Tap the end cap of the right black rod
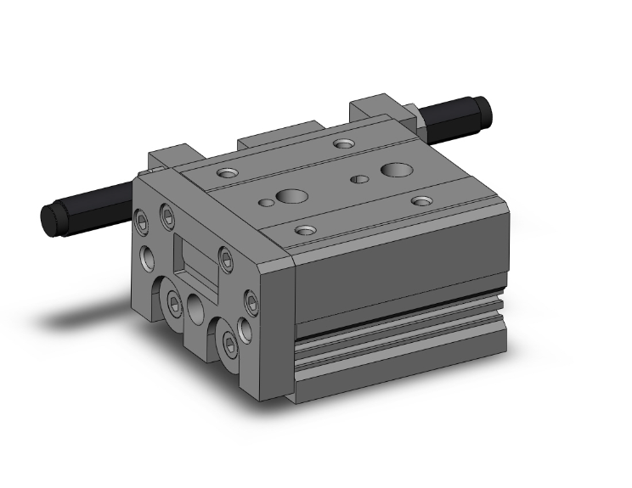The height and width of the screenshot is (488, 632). click(x=485, y=109)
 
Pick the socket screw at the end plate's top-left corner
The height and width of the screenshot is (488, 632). click(x=143, y=222)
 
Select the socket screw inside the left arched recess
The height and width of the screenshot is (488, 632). click(x=175, y=302)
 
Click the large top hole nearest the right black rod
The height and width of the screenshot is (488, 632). click(x=393, y=171)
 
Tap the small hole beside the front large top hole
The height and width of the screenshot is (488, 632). click(x=267, y=202)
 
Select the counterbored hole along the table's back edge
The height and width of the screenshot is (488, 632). click(x=343, y=143)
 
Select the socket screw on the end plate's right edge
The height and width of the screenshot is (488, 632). click(x=252, y=300)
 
